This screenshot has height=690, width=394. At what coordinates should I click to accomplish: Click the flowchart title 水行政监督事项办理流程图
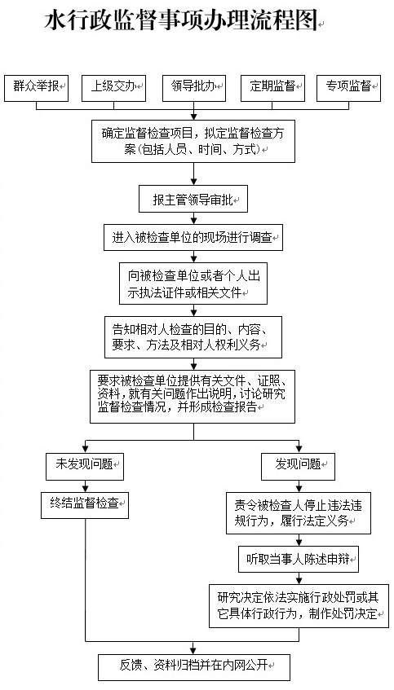(181, 22)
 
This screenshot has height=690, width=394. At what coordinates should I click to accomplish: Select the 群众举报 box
(36, 86)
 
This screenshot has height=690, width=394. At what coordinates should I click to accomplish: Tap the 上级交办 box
(114, 86)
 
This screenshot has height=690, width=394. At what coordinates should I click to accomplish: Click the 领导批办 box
(193, 86)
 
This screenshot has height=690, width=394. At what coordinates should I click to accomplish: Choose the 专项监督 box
(348, 86)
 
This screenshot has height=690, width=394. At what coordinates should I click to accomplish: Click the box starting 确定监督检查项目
(193, 141)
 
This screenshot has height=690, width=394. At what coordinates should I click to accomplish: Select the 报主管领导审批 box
(193, 199)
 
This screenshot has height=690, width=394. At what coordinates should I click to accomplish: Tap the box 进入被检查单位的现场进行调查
(193, 239)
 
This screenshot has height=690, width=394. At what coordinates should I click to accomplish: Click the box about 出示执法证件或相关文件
(193, 283)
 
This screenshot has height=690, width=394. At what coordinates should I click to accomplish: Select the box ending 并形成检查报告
(193, 395)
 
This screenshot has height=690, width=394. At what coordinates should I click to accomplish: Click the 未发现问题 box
(83, 464)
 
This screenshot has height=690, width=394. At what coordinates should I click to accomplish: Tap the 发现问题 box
(298, 464)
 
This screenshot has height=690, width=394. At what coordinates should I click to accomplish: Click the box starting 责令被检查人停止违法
(298, 512)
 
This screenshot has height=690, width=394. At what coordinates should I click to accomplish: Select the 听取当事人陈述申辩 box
(298, 560)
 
